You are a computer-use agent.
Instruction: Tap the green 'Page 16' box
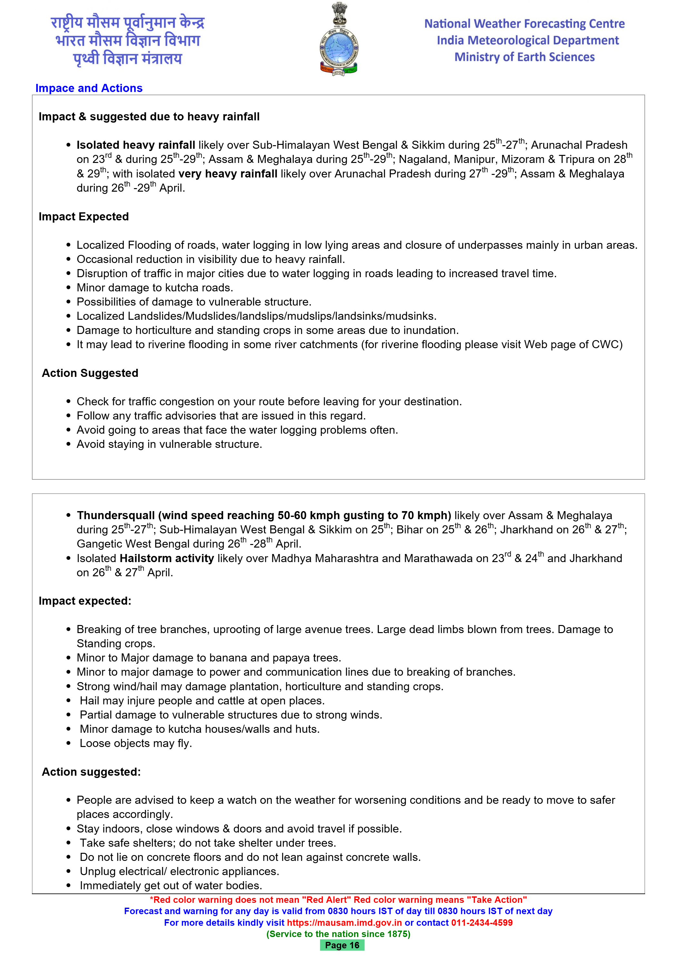click(342, 945)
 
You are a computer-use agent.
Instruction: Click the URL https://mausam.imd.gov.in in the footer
click(344, 923)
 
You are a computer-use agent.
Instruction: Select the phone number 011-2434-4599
click(482, 923)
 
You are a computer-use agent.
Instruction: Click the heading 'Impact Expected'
click(83, 217)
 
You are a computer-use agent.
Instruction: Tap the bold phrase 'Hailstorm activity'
click(167, 558)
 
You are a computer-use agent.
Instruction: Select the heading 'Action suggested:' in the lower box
click(91, 772)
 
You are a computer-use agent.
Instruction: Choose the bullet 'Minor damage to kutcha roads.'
click(155, 288)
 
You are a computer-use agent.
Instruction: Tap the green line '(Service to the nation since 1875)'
click(338, 934)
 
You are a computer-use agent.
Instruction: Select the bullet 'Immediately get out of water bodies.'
click(171, 885)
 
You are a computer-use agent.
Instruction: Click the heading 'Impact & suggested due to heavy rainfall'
click(149, 117)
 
